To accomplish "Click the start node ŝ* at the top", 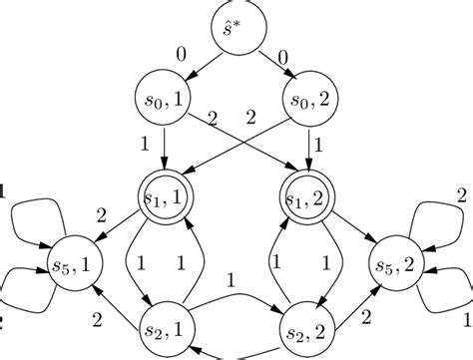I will (237, 27).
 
